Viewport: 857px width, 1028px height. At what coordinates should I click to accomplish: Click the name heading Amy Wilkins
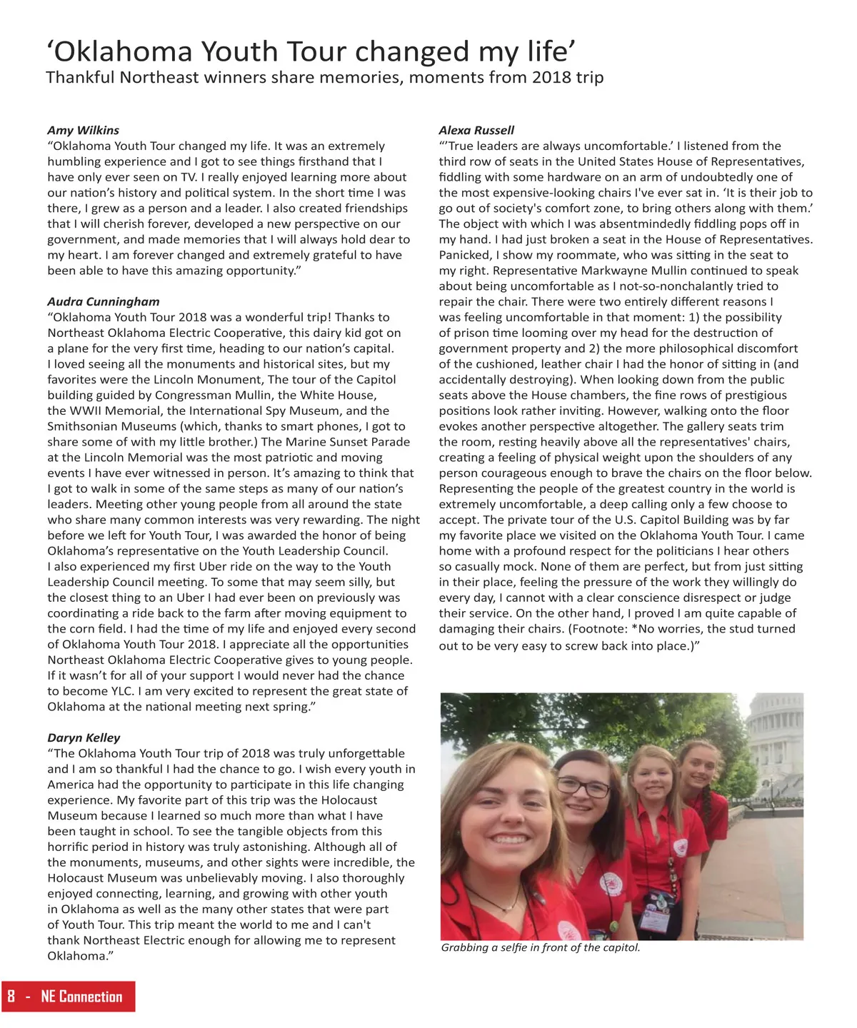[83, 130]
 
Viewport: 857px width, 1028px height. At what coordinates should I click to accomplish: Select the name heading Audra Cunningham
[104, 301]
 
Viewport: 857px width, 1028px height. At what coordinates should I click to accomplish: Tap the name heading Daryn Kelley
[84, 737]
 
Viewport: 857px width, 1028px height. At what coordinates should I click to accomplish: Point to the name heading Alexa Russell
[476, 130]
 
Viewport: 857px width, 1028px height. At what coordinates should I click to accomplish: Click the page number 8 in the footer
[11, 997]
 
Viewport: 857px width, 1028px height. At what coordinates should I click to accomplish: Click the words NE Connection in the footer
[81, 997]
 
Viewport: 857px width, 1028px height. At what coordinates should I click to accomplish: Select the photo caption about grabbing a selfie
[541, 948]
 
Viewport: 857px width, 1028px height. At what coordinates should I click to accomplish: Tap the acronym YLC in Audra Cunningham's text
[121, 691]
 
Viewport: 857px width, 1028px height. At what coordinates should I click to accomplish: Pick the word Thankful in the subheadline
[79, 77]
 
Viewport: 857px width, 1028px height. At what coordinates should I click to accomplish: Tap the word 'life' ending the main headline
[551, 52]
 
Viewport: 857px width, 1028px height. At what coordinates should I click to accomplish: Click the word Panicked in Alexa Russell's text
[465, 255]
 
